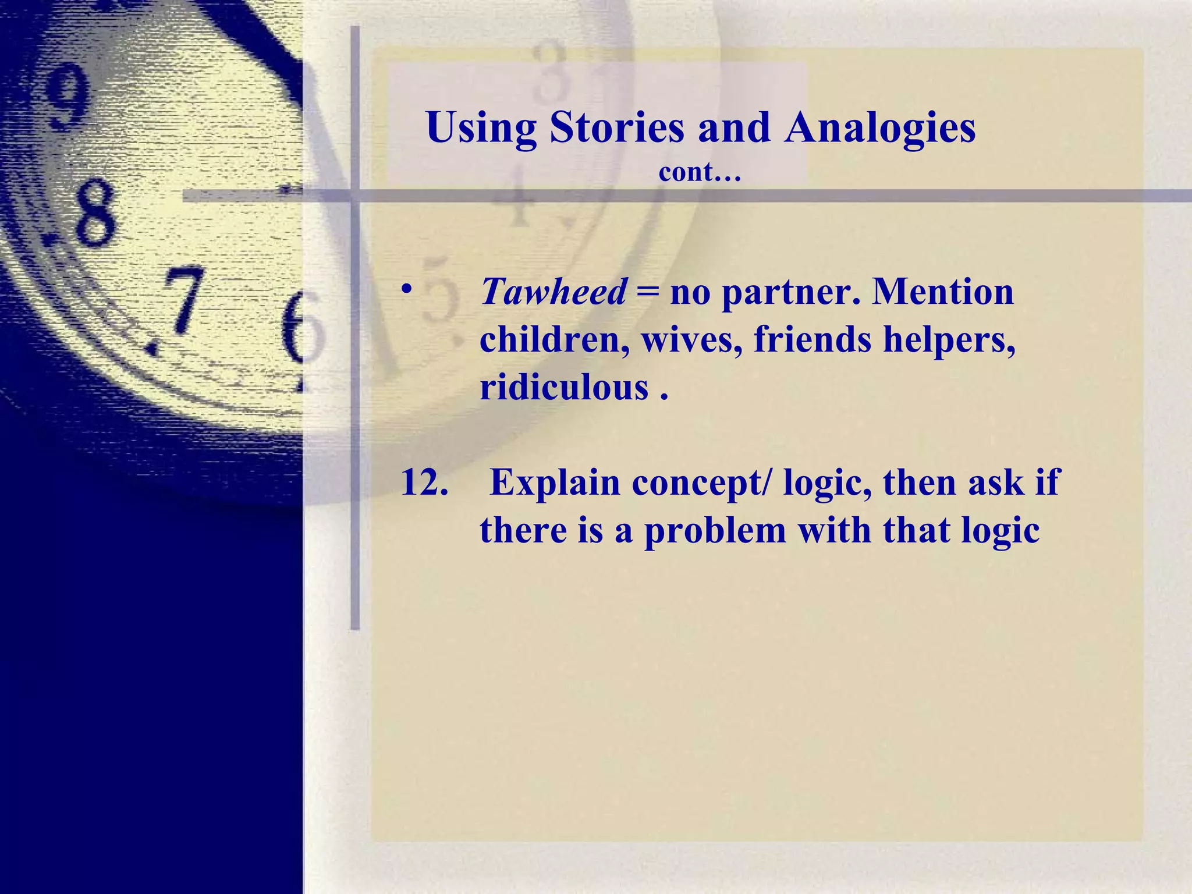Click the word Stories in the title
coord(617,127)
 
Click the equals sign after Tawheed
coord(648,292)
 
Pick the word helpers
coord(949,340)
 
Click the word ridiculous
coord(563,387)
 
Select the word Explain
coord(555,483)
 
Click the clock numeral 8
coord(93,212)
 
